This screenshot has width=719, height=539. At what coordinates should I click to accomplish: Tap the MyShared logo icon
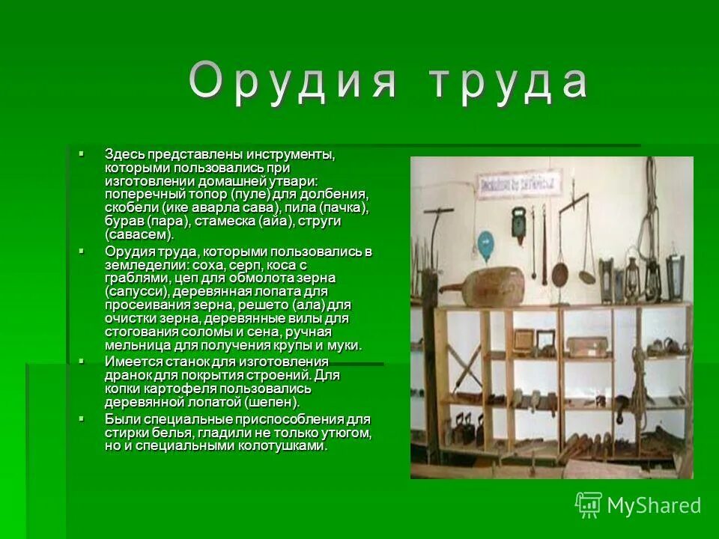[589, 505]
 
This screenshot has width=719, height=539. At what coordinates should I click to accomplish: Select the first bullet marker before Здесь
[82, 153]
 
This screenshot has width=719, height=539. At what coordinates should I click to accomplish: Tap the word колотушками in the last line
[282, 445]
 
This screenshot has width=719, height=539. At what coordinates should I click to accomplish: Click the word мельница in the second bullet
[136, 345]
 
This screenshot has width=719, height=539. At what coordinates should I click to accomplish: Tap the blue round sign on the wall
[486, 243]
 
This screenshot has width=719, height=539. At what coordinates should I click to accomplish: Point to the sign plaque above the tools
[520, 183]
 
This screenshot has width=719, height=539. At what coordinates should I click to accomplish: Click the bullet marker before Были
[82, 418]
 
